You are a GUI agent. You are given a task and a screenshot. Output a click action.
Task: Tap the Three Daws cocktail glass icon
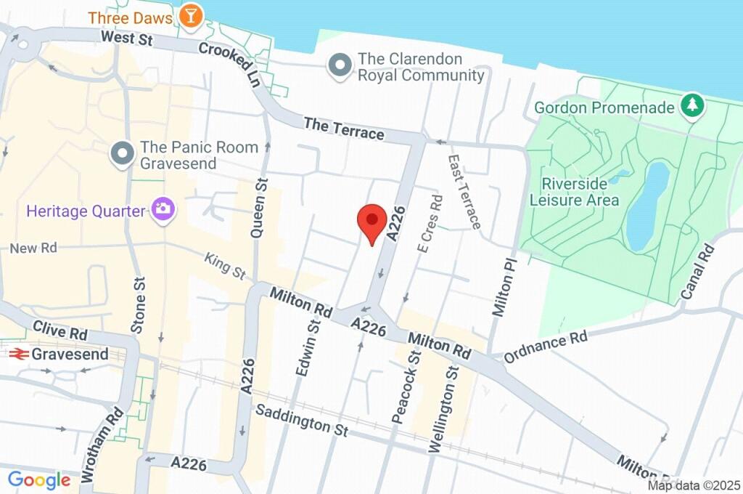pyautogui.click(x=191, y=16)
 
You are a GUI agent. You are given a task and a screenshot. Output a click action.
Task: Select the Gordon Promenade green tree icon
pyautogui.click(x=692, y=107)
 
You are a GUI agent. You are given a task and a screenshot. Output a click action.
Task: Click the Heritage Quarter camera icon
pyautogui.click(x=162, y=211)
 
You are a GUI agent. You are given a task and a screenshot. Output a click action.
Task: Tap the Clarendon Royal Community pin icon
pyautogui.click(x=338, y=66)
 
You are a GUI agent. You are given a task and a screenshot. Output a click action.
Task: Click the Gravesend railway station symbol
pyautogui.click(x=18, y=355)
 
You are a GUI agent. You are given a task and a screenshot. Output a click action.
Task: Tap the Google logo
pyautogui.click(x=39, y=479)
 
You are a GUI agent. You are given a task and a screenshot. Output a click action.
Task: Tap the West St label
pyautogui.click(x=126, y=38)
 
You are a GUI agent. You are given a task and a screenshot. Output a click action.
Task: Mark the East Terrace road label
pyautogui.click(x=464, y=191)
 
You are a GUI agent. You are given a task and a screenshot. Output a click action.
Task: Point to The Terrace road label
pyautogui.click(x=344, y=129)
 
